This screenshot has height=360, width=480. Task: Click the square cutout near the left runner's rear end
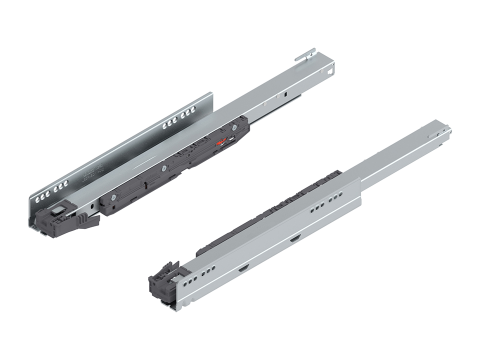coord(329,71)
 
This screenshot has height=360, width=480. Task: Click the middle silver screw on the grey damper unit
coord(163,168)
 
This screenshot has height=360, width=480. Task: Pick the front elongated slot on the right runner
coord(243,268)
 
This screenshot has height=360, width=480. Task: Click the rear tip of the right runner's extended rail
coord(444,131)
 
